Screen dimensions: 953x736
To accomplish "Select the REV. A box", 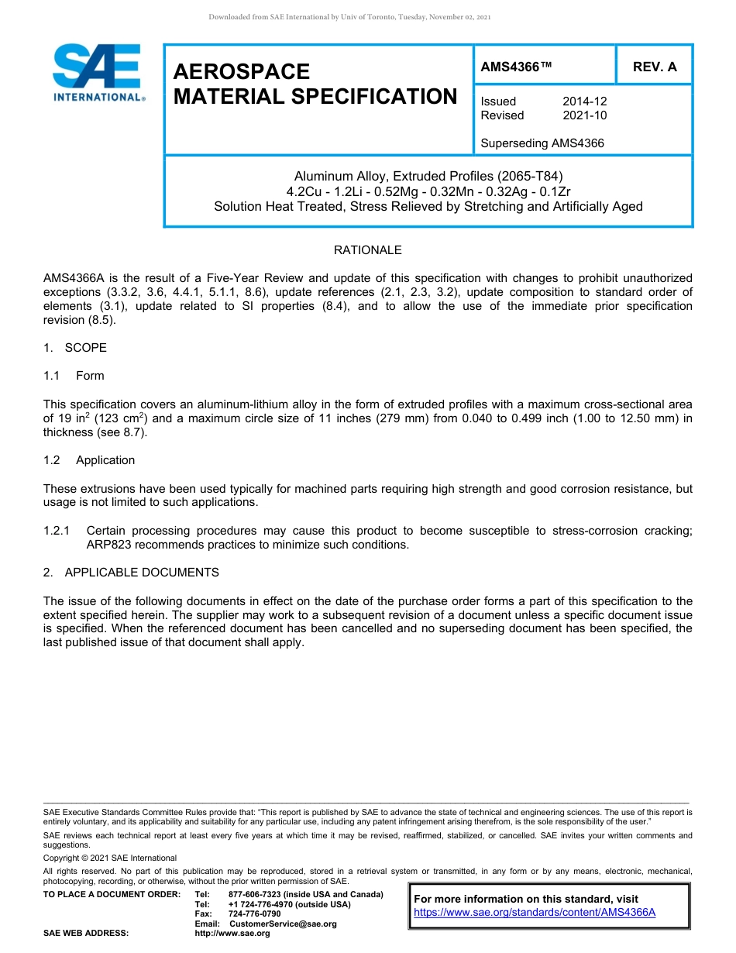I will [654, 67].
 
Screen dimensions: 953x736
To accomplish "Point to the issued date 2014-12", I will [584, 101].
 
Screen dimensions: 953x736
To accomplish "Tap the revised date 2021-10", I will [584, 115].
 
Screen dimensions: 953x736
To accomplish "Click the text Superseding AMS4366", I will [542, 143].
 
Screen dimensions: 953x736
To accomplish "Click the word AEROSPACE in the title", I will [242, 72].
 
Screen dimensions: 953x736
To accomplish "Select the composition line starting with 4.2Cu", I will [428, 191].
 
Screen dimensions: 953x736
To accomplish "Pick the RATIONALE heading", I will [367, 250].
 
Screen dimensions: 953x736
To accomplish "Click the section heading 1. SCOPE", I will [75, 348].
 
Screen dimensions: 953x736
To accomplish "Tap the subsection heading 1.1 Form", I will [74, 376].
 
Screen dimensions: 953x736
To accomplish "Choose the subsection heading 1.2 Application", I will [89, 460].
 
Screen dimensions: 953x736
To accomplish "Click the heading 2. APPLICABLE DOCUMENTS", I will [131, 573].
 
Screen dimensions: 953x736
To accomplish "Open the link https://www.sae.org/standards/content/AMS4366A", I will [535, 913].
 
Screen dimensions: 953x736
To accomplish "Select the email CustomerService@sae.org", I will [283, 924].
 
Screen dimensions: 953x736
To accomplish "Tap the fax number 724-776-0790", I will [254, 914].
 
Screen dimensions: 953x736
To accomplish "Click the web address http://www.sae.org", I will [232, 934].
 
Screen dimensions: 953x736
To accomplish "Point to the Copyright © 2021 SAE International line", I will [110, 858].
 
